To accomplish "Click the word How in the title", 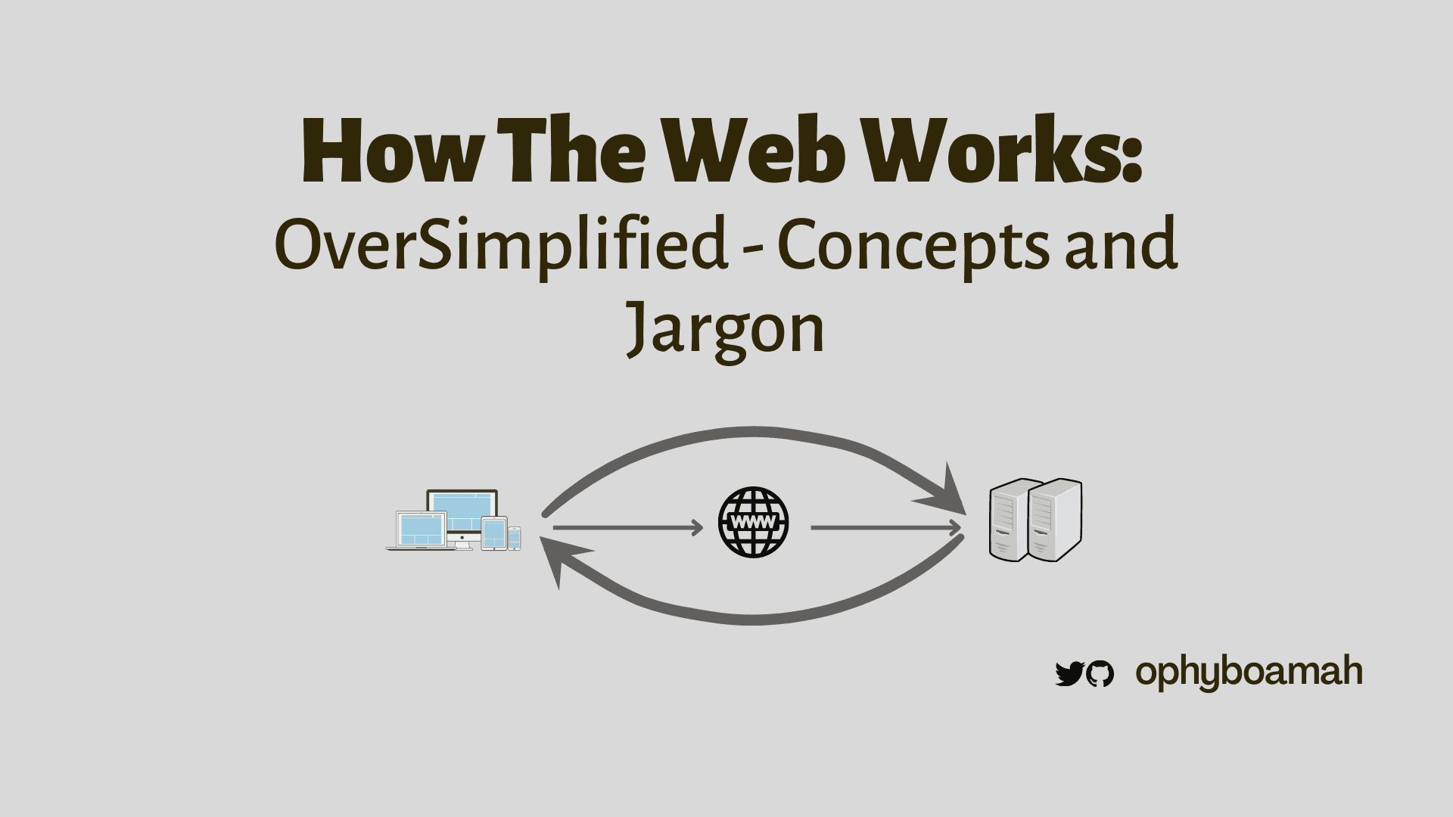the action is pyautogui.click(x=391, y=151).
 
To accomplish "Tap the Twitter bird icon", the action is pyautogui.click(x=1069, y=673).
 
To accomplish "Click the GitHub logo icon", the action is pyautogui.click(x=1100, y=673).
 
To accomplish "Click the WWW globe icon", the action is pyautogui.click(x=753, y=523).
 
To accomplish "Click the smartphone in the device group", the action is pyautogui.click(x=514, y=538).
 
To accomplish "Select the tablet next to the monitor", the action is pyautogui.click(x=493, y=533).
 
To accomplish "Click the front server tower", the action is pyautogui.click(x=1054, y=520).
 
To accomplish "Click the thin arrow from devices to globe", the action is pyautogui.click(x=628, y=527).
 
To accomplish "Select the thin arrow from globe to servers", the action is pyautogui.click(x=887, y=527).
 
